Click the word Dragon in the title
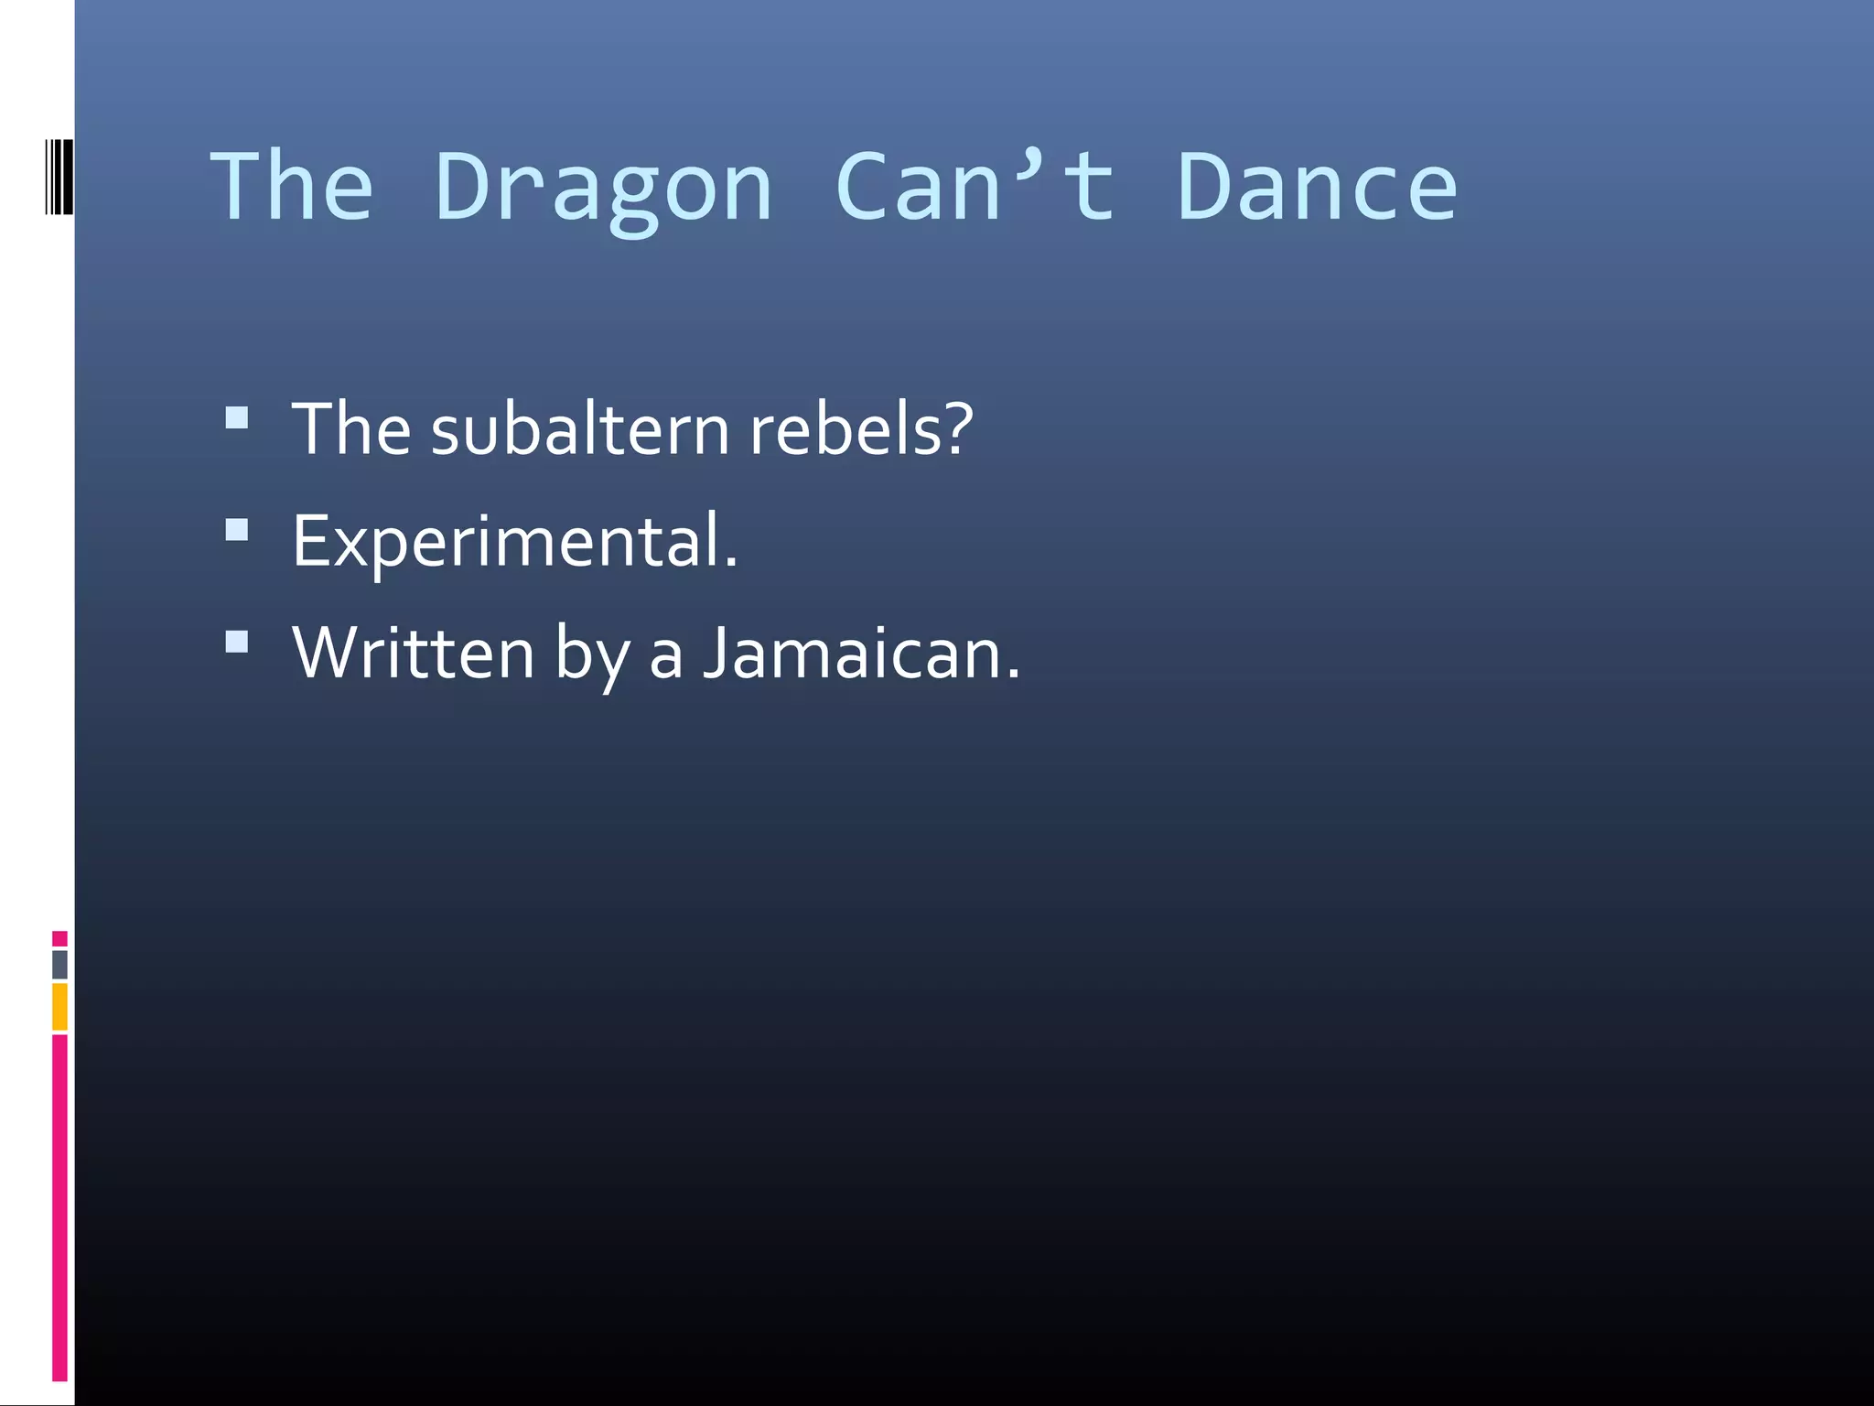604,189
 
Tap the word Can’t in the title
975,187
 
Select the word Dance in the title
1317,187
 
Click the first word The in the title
292,187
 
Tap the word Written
413,654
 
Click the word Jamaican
861,654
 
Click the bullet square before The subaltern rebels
237,418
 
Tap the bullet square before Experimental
237,531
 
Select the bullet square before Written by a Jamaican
237,643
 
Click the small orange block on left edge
59,1006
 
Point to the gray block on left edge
59,964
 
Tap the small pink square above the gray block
59,938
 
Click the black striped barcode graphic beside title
58,177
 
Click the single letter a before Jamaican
666,655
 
